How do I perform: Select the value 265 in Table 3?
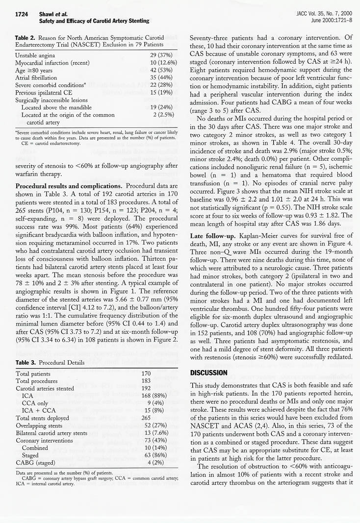(x=146, y=418)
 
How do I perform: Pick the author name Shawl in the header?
(x=48, y=15)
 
